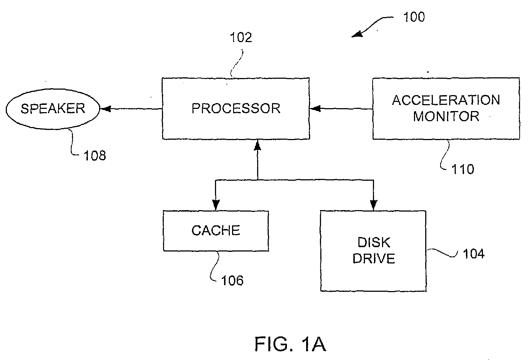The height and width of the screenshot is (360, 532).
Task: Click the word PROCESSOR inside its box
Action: tap(236, 109)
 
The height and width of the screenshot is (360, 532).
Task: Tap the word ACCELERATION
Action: tap(446, 100)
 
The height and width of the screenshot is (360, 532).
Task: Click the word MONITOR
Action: tap(446, 116)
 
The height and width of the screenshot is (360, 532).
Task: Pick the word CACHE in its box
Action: tap(216, 230)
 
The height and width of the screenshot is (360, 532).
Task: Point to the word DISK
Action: tap(374, 242)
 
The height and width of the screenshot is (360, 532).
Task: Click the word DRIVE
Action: tap(374, 258)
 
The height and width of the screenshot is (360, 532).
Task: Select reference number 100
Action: tap(414, 17)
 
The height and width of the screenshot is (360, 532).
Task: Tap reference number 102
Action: tap(241, 37)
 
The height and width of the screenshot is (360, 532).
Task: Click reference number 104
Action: tap(474, 254)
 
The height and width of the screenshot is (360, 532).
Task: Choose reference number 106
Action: tap(232, 281)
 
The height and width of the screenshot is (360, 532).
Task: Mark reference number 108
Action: tap(95, 156)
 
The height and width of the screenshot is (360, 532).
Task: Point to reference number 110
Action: tap(463, 169)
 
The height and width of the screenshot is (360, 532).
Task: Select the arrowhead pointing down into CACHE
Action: tap(216, 205)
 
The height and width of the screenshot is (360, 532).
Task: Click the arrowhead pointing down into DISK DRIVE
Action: tap(374, 205)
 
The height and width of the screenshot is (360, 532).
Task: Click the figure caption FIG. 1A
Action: tap(290, 344)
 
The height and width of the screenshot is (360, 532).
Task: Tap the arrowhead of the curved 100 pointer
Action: tap(357, 34)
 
